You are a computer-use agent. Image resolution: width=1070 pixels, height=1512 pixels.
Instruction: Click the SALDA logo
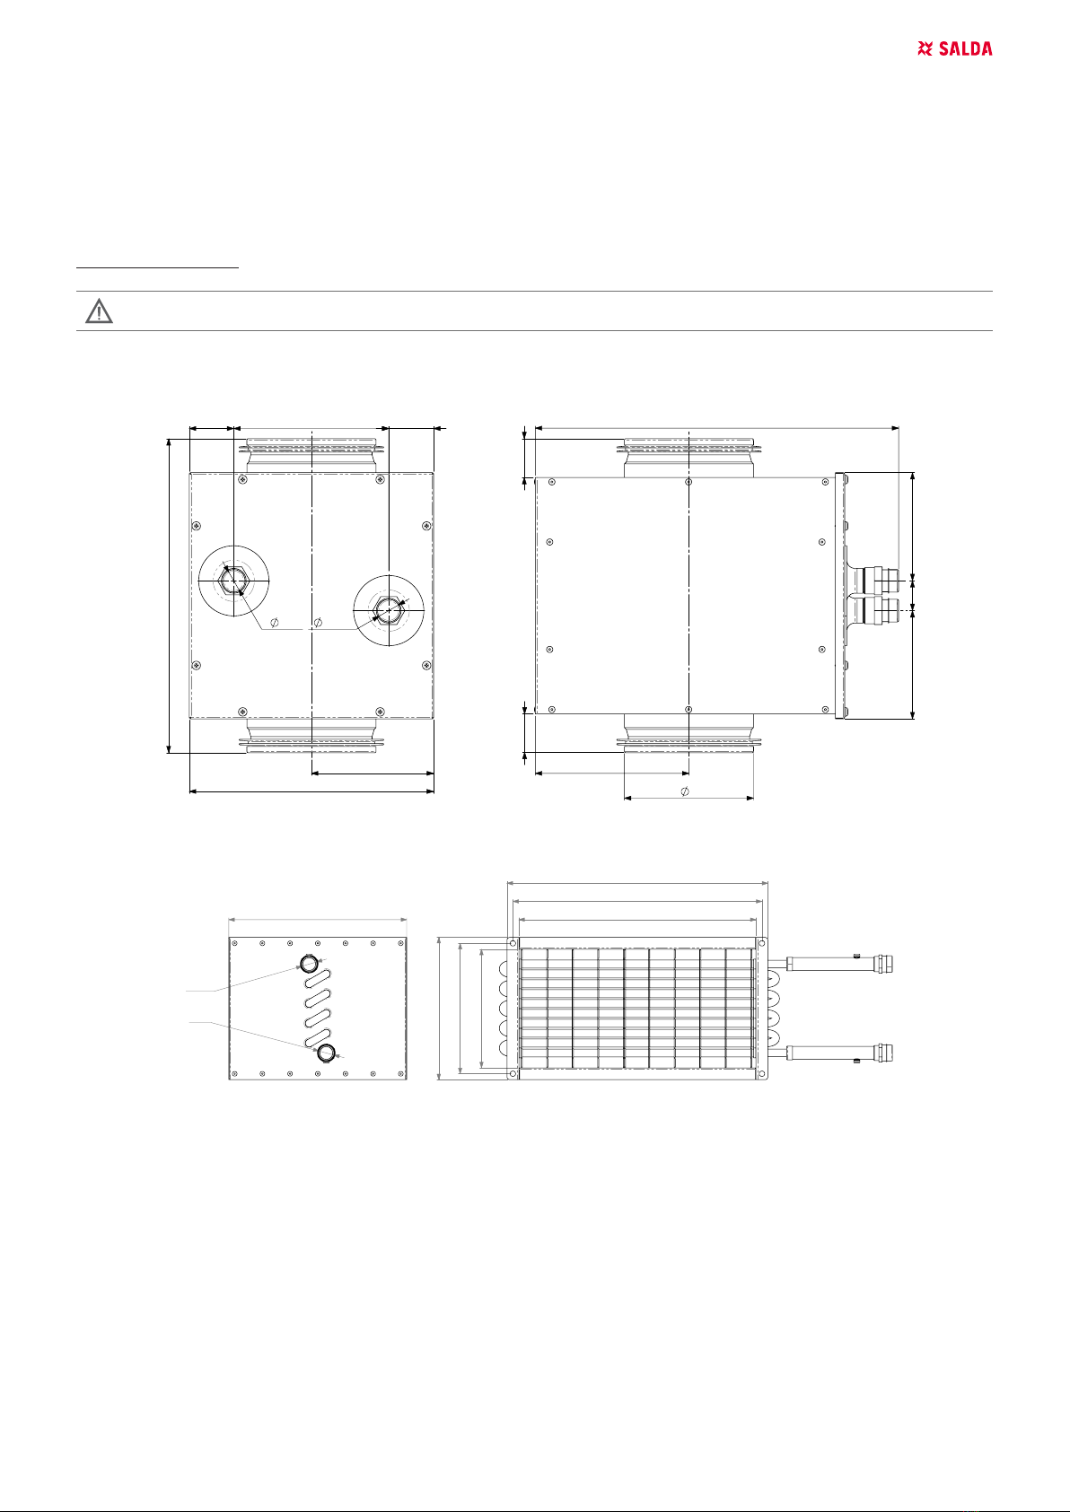click(954, 48)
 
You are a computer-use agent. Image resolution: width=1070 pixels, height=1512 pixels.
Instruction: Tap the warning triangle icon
click(100, 311)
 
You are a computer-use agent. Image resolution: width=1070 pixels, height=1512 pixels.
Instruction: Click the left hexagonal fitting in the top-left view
click(233, 581)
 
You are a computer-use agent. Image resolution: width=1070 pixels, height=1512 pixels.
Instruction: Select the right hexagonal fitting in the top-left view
click(389, 610)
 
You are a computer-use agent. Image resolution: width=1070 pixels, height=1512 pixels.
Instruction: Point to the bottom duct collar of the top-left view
click(311, 736)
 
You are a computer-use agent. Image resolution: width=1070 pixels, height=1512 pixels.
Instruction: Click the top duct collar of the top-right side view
click(688, 458)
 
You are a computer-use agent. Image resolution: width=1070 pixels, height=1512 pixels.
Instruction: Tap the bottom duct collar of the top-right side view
click(688, 733)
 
